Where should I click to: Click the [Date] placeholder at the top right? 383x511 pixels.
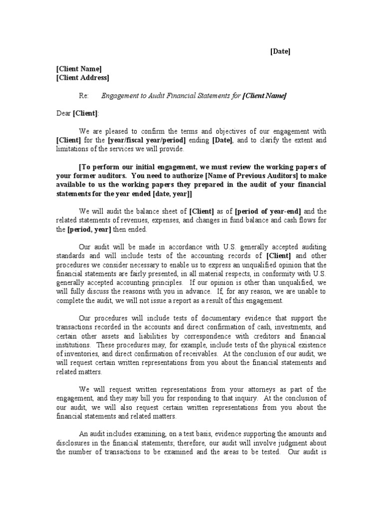(x=280, y=51)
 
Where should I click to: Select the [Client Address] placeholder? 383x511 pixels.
(x=82, y=77)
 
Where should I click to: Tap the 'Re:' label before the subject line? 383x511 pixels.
(x=84, y=96)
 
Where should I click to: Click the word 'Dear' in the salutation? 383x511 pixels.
(x=63, y=113)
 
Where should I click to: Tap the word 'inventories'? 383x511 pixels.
(x=74, y=354)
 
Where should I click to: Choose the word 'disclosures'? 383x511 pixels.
(x=74, y=443)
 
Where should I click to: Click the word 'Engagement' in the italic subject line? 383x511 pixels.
(x=121, y=96)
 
